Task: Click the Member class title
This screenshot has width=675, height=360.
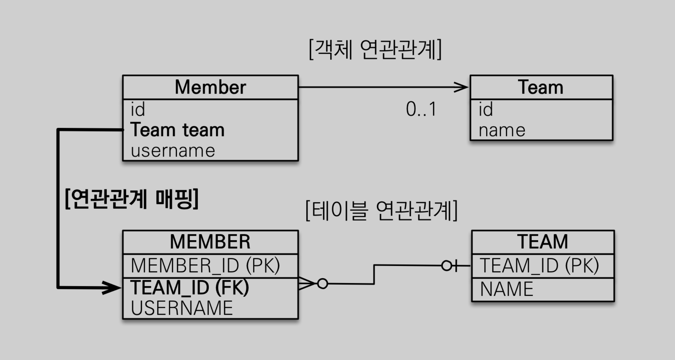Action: [210, 87]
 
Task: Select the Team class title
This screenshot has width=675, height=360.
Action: [540, 87]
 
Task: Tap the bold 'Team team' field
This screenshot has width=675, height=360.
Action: [177, 130]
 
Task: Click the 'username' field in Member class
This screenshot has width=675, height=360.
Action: [173, 151]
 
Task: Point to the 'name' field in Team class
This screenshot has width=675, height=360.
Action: [502, 130]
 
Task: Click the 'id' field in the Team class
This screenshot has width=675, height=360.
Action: [486, 109]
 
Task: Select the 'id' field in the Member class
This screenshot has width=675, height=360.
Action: [138, 109]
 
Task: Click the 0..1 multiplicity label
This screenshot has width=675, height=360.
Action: [421, 109]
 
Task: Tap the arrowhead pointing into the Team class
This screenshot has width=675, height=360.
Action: [462, 87]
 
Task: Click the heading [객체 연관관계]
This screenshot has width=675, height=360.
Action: [375, 49]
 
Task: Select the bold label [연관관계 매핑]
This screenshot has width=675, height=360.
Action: [132, 199]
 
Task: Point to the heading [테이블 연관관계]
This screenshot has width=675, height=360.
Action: [382, 211]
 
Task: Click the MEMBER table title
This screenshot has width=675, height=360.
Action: [210, 242]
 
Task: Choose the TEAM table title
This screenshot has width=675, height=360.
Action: [542, 242]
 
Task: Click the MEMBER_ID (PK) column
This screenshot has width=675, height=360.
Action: [205, 266]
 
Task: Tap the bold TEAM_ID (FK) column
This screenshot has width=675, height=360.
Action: [190, 287]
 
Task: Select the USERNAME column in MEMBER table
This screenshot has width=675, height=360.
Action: [182, 308]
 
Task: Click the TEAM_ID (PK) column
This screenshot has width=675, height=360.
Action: [539, 266]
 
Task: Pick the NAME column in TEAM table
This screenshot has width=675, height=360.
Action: [507, 289]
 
